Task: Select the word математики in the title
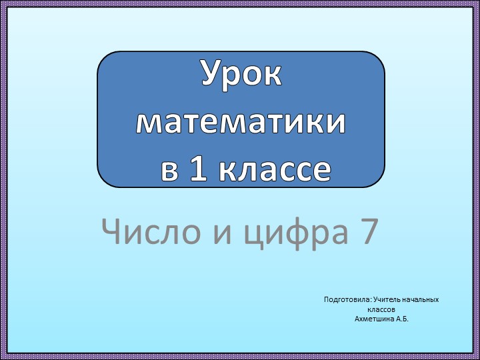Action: (x=241, y=123)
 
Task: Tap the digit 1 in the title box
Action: (x=197, y=170)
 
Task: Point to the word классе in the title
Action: (x=275, y=171)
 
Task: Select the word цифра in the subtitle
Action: (x=295, y=233)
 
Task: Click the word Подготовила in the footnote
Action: (x=347, y=300)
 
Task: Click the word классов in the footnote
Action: (x=382, y=310)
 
